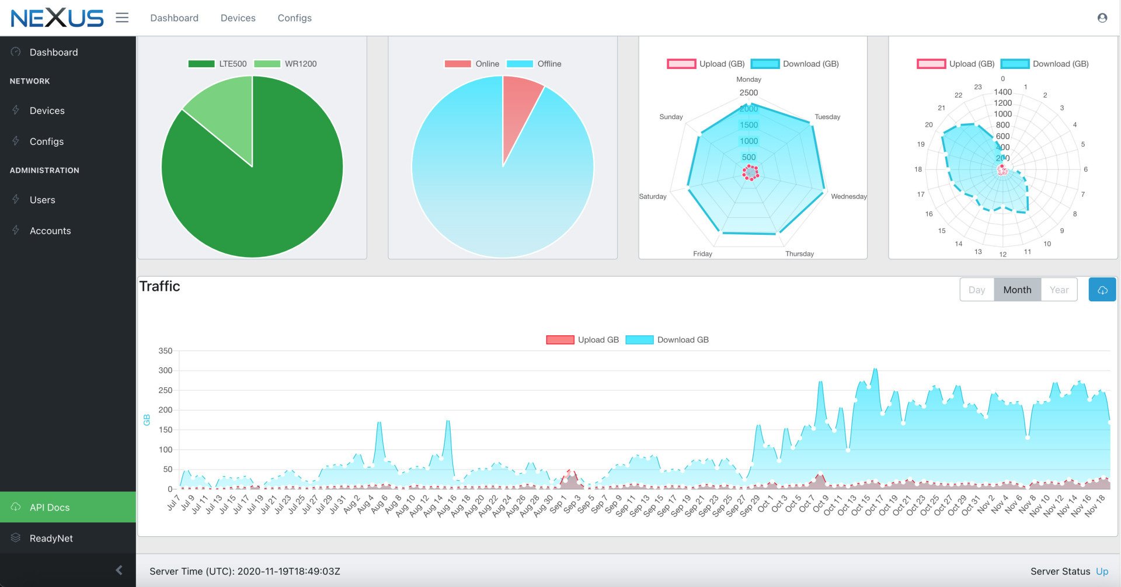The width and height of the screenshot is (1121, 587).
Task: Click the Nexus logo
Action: [x=57, y=18]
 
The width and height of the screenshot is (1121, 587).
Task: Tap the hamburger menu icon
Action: [x=122, y=18]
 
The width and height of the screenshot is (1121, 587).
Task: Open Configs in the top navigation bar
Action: [x=294, y=18]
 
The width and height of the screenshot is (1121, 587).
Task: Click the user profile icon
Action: [x=1102, y=18]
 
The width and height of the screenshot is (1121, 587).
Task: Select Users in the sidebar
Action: [x=42, y=200]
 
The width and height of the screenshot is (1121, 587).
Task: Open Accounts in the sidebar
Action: [x=50, y=231]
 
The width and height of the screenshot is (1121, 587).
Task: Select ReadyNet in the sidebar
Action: [x=51, y=538]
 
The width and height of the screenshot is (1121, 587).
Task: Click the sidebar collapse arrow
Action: [x=119, y=570]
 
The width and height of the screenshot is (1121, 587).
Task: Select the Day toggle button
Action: [x=976, y=290]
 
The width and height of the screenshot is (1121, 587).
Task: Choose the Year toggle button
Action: [x=1059, y=290]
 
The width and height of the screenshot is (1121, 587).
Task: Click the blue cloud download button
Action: [x=1102, y=290]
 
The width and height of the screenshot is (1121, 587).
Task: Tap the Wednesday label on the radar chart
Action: [x=848, y=196]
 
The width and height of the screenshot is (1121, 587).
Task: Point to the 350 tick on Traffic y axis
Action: [x=165, y=351]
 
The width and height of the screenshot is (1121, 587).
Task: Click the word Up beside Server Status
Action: [x=1102, y=571]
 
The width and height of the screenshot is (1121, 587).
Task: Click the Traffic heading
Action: [x=159, y=286]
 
